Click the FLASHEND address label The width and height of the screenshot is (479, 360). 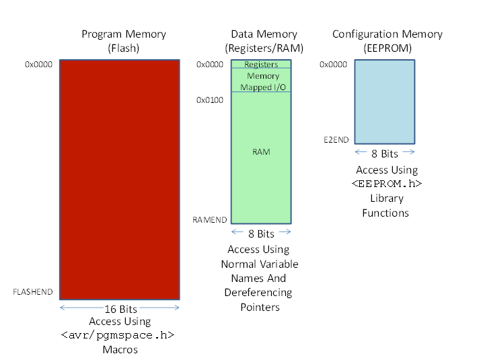(x=33, y=292)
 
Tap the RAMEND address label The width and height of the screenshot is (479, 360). (x=210, y=220)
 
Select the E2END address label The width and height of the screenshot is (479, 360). (x=336, y=140)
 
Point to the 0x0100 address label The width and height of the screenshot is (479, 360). (x=210, y=100)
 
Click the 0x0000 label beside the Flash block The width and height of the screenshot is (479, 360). (x=39, y=64)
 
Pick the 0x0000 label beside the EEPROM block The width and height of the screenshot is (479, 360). (x=333, y=64)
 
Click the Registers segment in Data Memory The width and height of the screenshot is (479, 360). (x=261, y=64)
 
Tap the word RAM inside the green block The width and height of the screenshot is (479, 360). (x=261, y=152)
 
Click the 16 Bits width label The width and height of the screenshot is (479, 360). (x=120, y=309)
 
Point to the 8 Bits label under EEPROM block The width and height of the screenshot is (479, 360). (x=385, y=153)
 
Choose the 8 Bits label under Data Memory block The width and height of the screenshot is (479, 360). (x=261, y=233)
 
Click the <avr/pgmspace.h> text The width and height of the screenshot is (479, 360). (x=118, y=335)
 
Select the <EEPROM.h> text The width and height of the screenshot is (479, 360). (x=387, y=184)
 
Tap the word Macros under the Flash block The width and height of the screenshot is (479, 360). (x=120, y=349)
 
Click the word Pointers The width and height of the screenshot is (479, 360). (x=260, y=307)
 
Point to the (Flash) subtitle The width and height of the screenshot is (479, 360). (x=123, y=48)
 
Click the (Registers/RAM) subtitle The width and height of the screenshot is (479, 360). (x=264, y=48)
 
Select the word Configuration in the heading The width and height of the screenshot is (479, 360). (x=365, y=34)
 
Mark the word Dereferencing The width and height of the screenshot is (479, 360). (x=258, y=293)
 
